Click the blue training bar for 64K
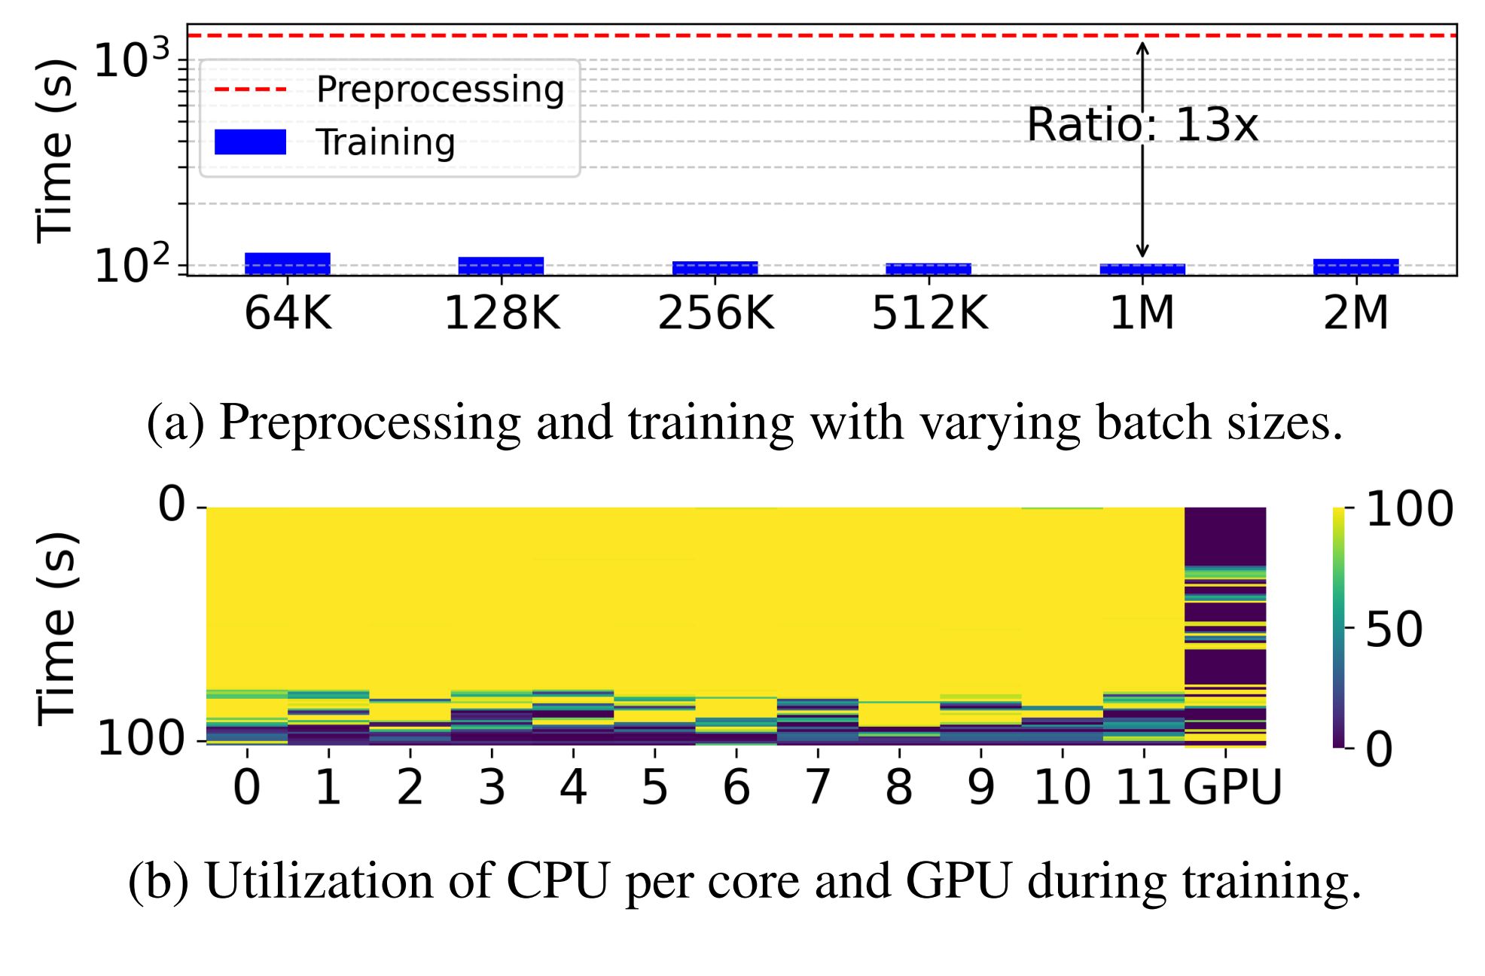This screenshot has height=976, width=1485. coord(287,264)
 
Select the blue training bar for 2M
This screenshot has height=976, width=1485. coord(1355,267)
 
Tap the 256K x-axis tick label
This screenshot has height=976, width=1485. coord(715,313)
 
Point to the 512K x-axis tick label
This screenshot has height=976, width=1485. coord(929,313)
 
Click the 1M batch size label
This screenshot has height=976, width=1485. coord(1142,313)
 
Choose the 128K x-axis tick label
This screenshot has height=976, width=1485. coord(502,313)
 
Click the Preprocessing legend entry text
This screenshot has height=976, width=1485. coord(441,90)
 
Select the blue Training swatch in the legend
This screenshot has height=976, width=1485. coord(250,142)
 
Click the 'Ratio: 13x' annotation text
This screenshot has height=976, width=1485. coord(1142,125)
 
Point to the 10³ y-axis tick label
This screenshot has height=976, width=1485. coord(132,59)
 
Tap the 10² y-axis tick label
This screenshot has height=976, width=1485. coord(132,265)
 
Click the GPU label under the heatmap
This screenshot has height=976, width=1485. coord(1232,788)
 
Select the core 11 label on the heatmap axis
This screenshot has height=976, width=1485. coord(1143,788)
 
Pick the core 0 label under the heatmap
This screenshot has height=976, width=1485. coord(247,788)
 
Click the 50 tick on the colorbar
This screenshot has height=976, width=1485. coord(1394,630)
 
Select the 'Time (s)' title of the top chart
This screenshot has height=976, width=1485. coord(55,151)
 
